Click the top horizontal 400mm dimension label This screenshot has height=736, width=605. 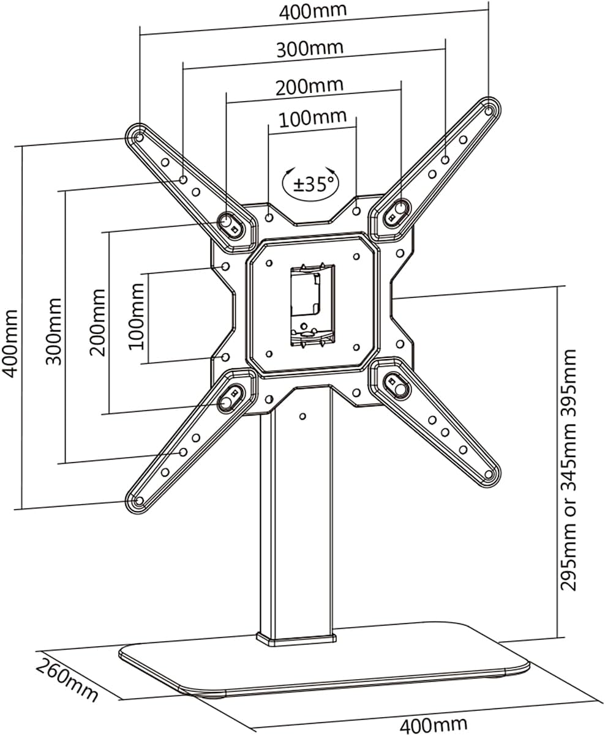click(x=313, y=10)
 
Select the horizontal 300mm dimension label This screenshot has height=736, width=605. click(x=309, y=48)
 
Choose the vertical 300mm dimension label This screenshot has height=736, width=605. click(x=54, y=331)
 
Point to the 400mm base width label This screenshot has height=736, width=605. click(x=433, y=726)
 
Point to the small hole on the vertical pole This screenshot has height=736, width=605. click(x=302, y=416)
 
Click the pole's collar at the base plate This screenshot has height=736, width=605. click(x=296, y=639)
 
